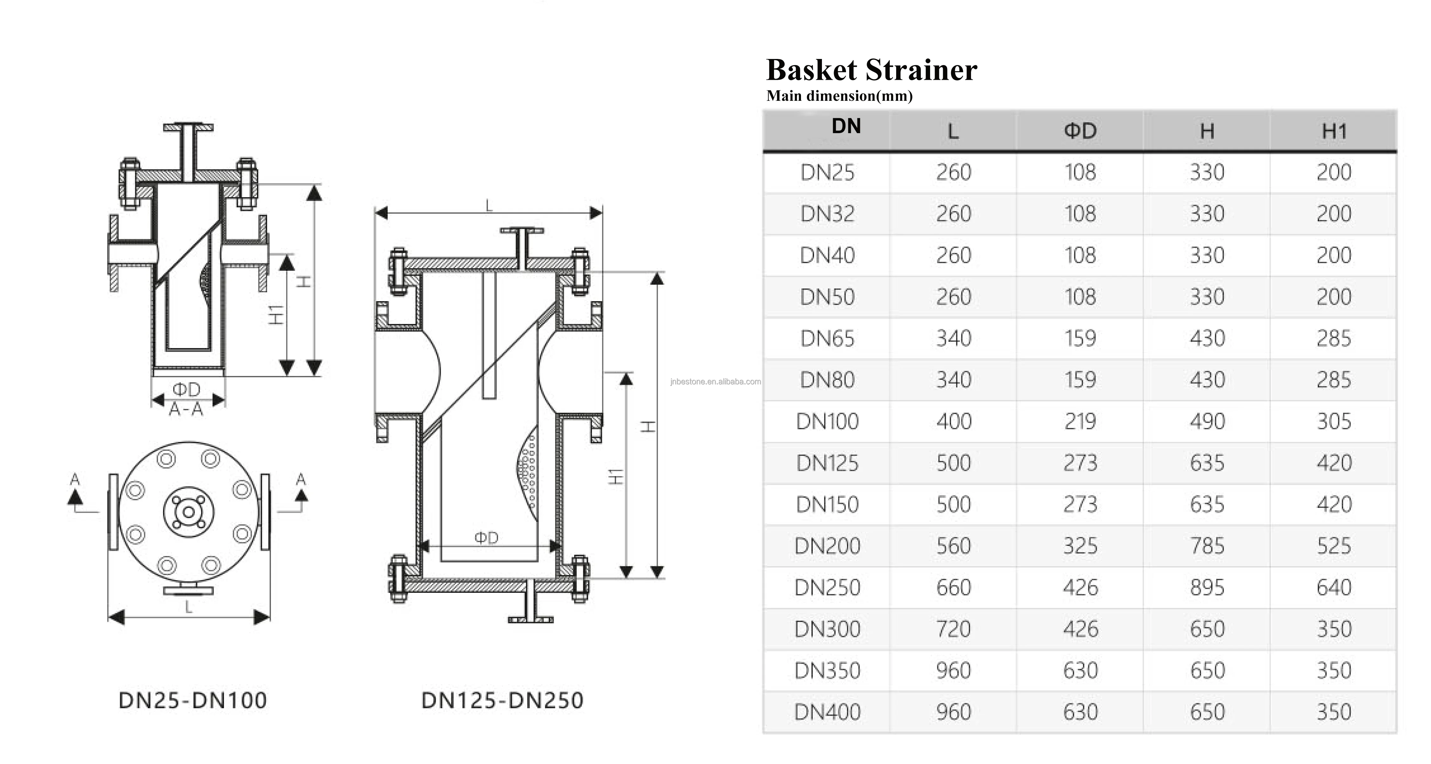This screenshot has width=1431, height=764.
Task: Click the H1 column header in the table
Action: [1334, 132]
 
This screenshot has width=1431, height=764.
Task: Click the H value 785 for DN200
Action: [1207, 546]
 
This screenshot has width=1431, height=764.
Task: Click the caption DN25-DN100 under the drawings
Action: [193, 701]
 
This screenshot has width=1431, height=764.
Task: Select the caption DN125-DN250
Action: [502, 701]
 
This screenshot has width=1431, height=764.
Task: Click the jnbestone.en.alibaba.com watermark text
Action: [716, 381]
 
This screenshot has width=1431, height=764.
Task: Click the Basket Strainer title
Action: [870, 70]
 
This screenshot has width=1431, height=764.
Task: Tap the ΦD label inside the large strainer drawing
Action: [486, 537]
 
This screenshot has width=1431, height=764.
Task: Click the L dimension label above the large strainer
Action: [489, 206]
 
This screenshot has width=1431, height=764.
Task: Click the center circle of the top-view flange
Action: [189, 512]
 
